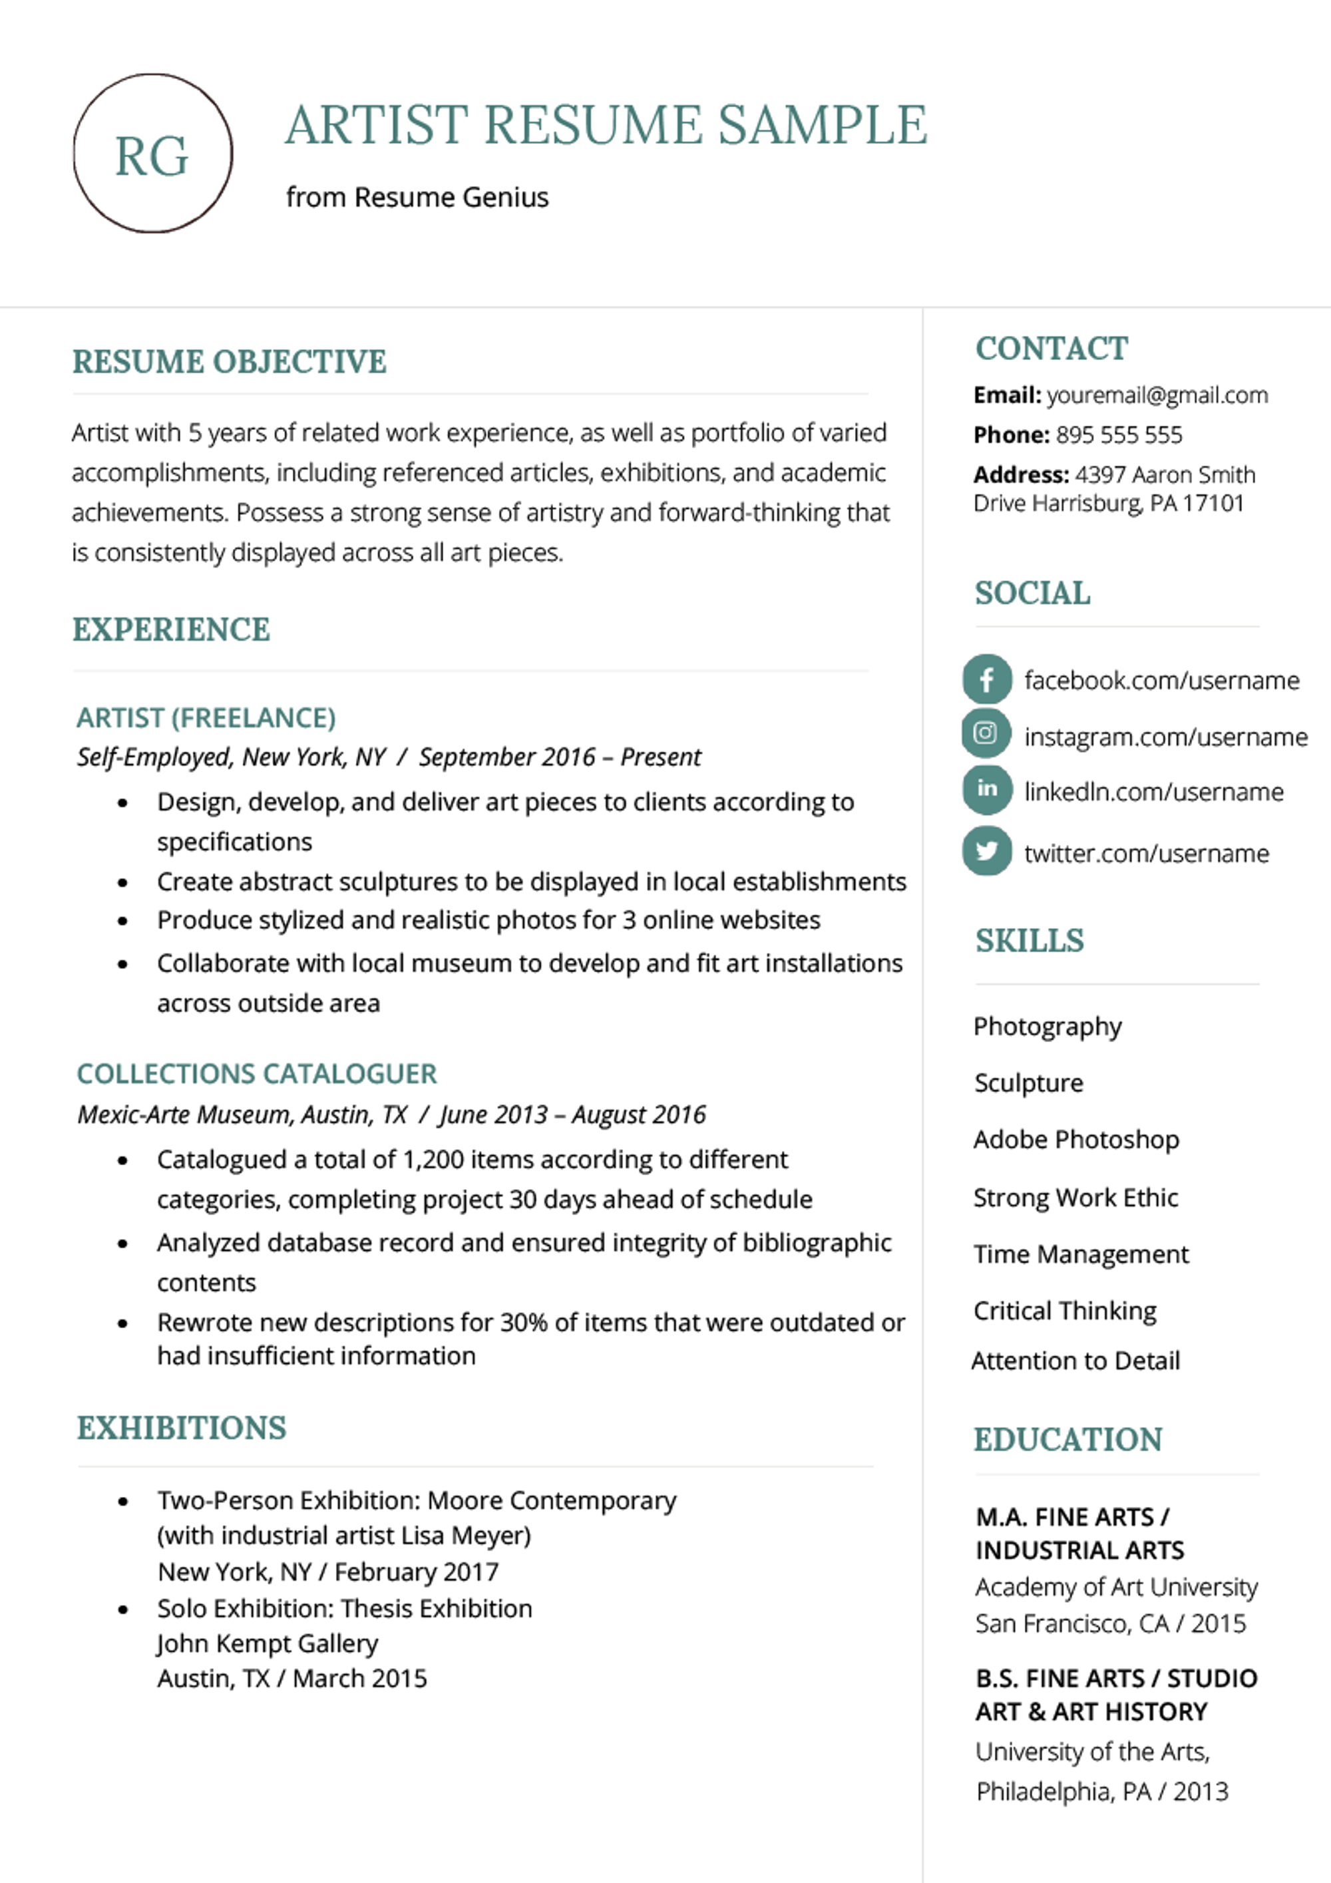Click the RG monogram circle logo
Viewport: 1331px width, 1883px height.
[x=152, y=153]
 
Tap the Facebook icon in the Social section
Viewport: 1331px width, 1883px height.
[x=986, y=679]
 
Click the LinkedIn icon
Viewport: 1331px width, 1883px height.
[x=986, y=789]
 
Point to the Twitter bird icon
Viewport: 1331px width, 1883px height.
[x=986, y=850]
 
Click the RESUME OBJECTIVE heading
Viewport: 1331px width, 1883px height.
[x=229, y=362]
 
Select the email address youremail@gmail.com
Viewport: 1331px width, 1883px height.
[x=1157, y=395]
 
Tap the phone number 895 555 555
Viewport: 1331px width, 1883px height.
[x=1119, y=434]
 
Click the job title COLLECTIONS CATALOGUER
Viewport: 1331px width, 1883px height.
[x=257, y=1073]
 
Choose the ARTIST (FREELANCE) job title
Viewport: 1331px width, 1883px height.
[x=206, y=718]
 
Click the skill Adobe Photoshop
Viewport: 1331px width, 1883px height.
[x=1076, y=1139]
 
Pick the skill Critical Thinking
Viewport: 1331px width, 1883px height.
[x=1065, y=1311]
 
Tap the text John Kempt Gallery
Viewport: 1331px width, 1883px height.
[x=268, y=1643]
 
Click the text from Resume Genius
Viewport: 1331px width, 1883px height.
[x=417, y=198]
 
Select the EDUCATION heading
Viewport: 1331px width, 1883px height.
[x=1067, y=1439]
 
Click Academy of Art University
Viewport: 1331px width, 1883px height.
[x=1115, y=1587]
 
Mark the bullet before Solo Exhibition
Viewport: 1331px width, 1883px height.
[x=123, y=1609]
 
